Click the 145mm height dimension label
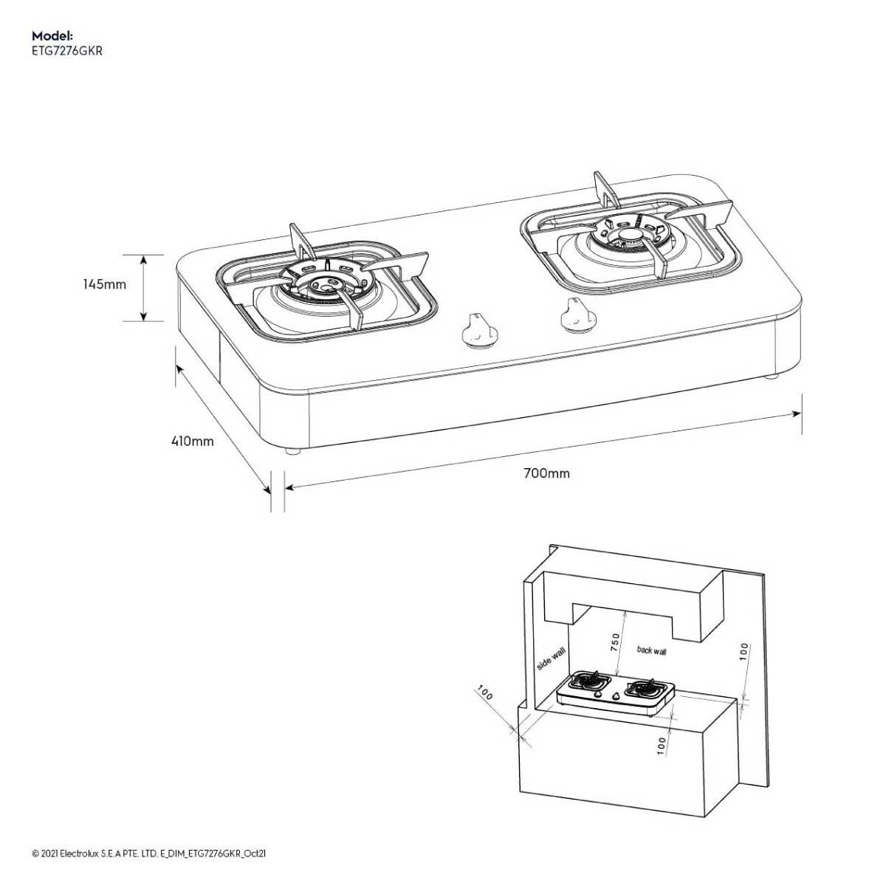[x=104, y=284]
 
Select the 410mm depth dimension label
[x=192, y=442]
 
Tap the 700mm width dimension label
[x=546, y=473]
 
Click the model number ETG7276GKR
[x=67, y=51]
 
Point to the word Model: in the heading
[x=52, y=35]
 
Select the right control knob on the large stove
[x=577, y=315]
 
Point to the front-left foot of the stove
[x=293, y=451]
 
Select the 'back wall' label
[x=651, y=650]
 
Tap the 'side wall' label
[x=552, y=659]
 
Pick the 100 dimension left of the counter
[x=485, y=693]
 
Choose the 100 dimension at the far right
[x=744, y=652]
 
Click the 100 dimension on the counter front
[x=662, y=745]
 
